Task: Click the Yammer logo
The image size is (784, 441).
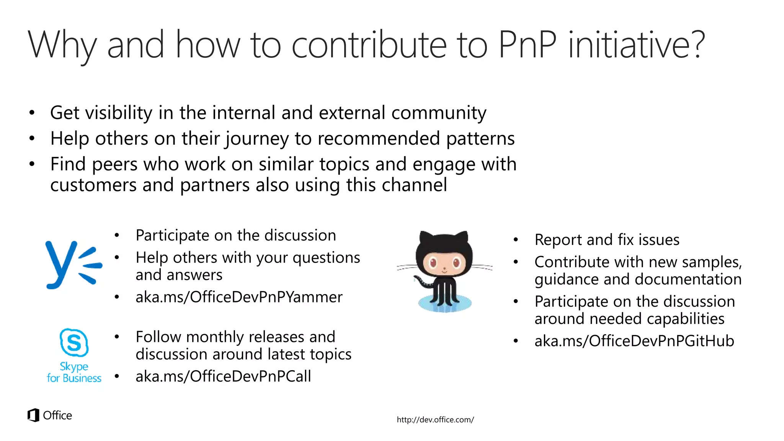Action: coord(73,264)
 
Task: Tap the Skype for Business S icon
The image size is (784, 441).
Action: coord(74,342)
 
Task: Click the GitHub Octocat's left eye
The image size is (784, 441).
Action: coord(433,263)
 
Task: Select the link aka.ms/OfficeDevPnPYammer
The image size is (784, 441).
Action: coord(239,297)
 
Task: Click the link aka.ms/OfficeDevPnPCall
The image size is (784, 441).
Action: coord(223,376)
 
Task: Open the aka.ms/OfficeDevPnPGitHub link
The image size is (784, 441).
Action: coord(634,341)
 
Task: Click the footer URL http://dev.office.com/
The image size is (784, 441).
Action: coord(435,420)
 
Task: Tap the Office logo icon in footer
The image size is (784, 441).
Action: coord(34,415)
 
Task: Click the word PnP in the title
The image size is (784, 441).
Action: coord(527,45)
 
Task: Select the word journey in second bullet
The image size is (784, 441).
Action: coord(256,139)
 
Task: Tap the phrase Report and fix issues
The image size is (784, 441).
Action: coord(607,240)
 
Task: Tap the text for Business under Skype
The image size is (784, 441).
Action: coord(74,378)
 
